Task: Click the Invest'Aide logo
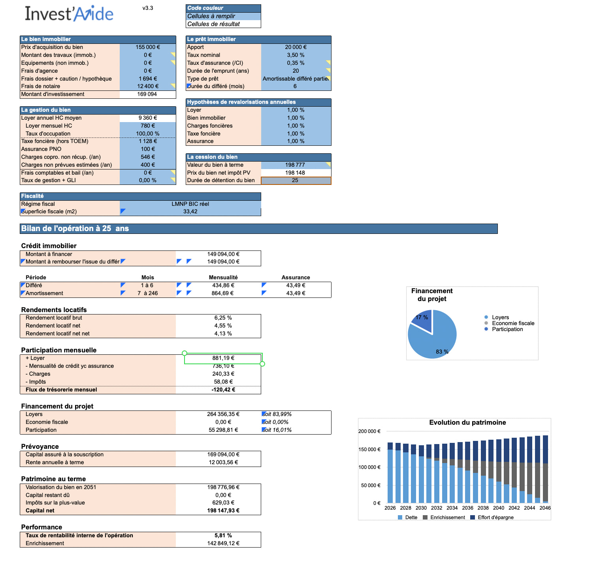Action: point(69,14)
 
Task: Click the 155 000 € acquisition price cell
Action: point(148,47)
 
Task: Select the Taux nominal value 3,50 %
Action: point(296,55)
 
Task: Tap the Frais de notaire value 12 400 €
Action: point(148,86)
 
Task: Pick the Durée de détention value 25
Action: point(295,180)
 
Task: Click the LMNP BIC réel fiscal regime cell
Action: point(190,204)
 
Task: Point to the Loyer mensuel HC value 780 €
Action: point(148,126)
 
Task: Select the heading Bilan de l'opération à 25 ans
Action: point(75,228)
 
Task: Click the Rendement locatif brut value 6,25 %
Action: point(223,318)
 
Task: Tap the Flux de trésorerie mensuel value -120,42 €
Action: point(223,390)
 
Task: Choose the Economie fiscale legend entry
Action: point(513,323)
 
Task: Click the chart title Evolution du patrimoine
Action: point(467,422)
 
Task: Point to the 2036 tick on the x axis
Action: point(467,508)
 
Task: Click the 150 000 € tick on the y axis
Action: point(369,449)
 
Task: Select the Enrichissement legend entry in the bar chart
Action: point(447,518)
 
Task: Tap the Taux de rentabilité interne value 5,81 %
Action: point(223,535)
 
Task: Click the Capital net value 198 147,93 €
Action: point(223,510)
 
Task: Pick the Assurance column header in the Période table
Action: point(296,277)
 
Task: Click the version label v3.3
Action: point(148,8)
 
